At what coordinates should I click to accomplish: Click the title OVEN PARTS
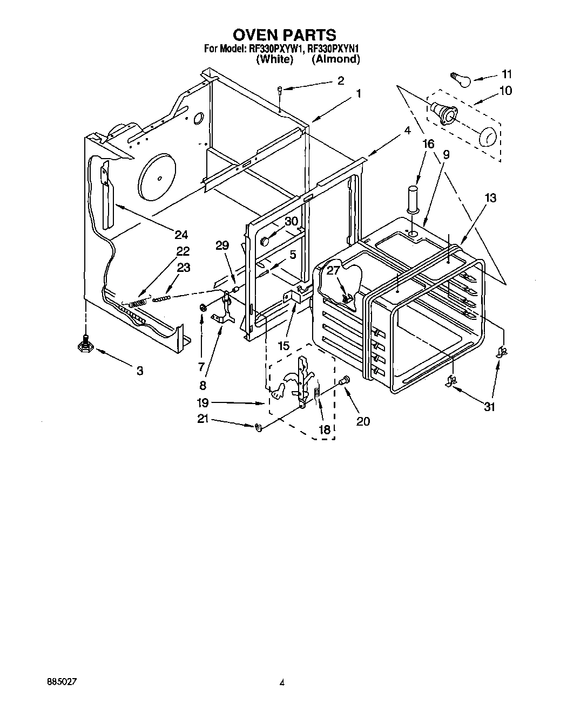[284, 35]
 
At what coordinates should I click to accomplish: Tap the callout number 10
[505, 91]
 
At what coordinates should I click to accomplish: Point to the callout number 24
[181, 234]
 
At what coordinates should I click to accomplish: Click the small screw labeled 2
[280, 91]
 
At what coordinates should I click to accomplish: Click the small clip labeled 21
[258, 427]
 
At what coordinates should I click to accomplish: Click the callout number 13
[490, 198]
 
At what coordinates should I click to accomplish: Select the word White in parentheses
[275, 59]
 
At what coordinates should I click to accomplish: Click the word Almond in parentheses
[336, 59]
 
